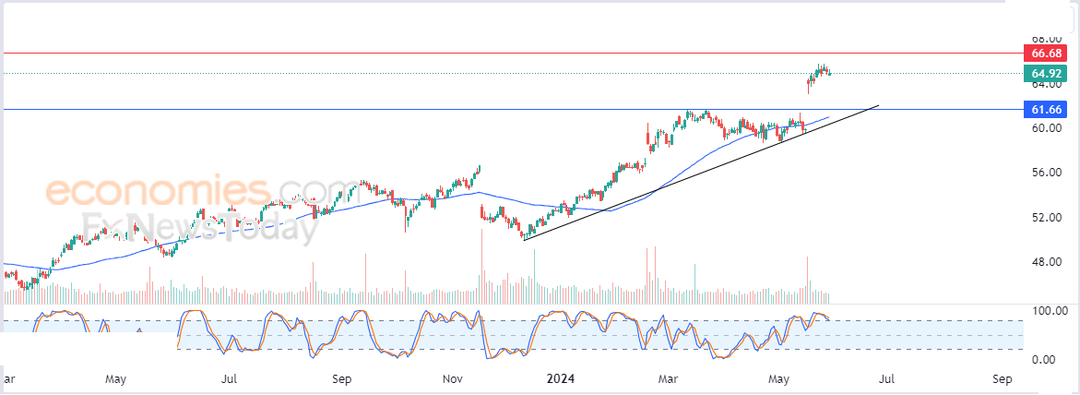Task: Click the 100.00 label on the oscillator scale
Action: pos(1048,311)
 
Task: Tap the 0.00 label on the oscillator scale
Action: pos(1044,359)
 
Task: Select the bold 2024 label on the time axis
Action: pos(562,378)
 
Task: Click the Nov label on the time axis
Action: pos(452,378)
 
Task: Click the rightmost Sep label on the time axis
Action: pos(1003,378)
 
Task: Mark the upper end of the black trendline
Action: pos(878,106)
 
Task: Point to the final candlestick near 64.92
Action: pos(829,73)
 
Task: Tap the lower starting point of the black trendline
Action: pos(523,240)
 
